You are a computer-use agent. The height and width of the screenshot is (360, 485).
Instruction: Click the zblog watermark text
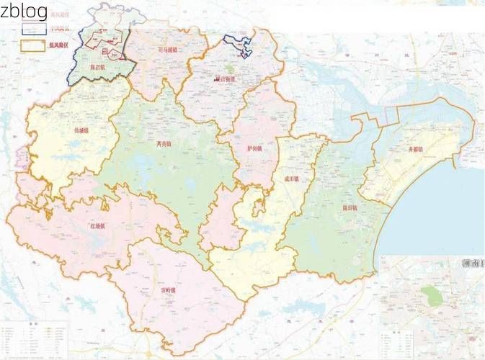24,11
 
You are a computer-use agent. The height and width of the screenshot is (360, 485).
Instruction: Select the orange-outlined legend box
33,45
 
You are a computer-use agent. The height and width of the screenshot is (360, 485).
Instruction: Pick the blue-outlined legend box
33,29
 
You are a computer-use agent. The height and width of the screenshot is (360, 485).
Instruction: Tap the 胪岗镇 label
254,148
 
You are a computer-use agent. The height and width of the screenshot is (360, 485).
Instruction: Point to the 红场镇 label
97,226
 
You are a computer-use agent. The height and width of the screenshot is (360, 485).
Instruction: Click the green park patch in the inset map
430,294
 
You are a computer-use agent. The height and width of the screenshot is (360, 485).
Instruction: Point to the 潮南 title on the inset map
472,264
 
